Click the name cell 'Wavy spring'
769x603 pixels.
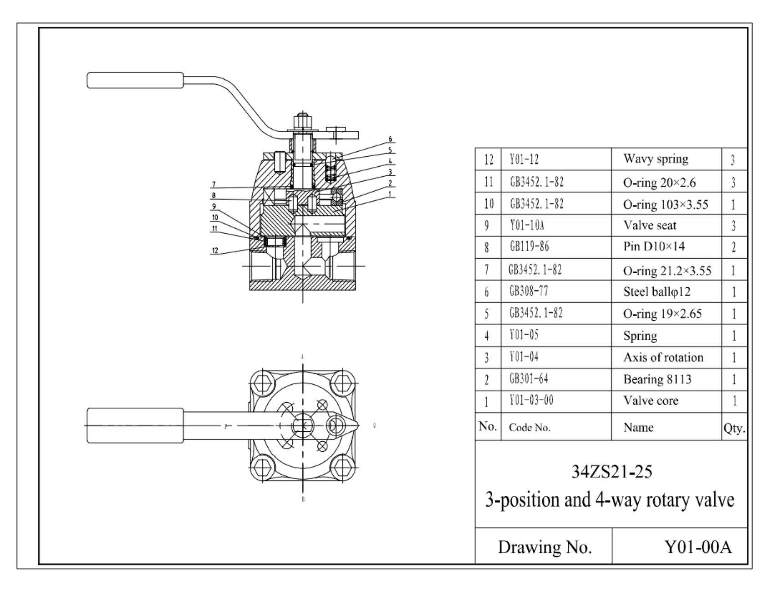[x=656, y=159]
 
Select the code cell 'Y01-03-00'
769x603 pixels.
[x=531, y=401]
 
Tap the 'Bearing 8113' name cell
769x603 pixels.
[x=657, y=379]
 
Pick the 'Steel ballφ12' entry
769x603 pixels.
[x=657, y=291]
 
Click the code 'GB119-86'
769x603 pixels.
[x=529, y=247]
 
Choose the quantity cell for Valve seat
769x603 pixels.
[x=733, y=225]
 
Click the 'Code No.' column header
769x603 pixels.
[x=530, y=428]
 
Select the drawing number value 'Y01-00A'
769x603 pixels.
[x=698, y=547]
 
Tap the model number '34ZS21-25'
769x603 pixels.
[x=611, y=471]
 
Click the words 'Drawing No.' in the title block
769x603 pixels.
[x=545, y=547]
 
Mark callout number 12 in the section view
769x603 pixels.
[x=215, y=250]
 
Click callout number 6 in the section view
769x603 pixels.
[x=390, y=139]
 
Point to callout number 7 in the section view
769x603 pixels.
[x=214, y=184]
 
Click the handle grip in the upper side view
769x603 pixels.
[x=135, y=80]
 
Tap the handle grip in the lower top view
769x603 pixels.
[x=135, y=425]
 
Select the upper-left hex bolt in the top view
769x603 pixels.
[x=262, y=383]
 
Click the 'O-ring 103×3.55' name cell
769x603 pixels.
[x=665, y=204]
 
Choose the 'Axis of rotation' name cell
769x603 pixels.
[x=663, y=358]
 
